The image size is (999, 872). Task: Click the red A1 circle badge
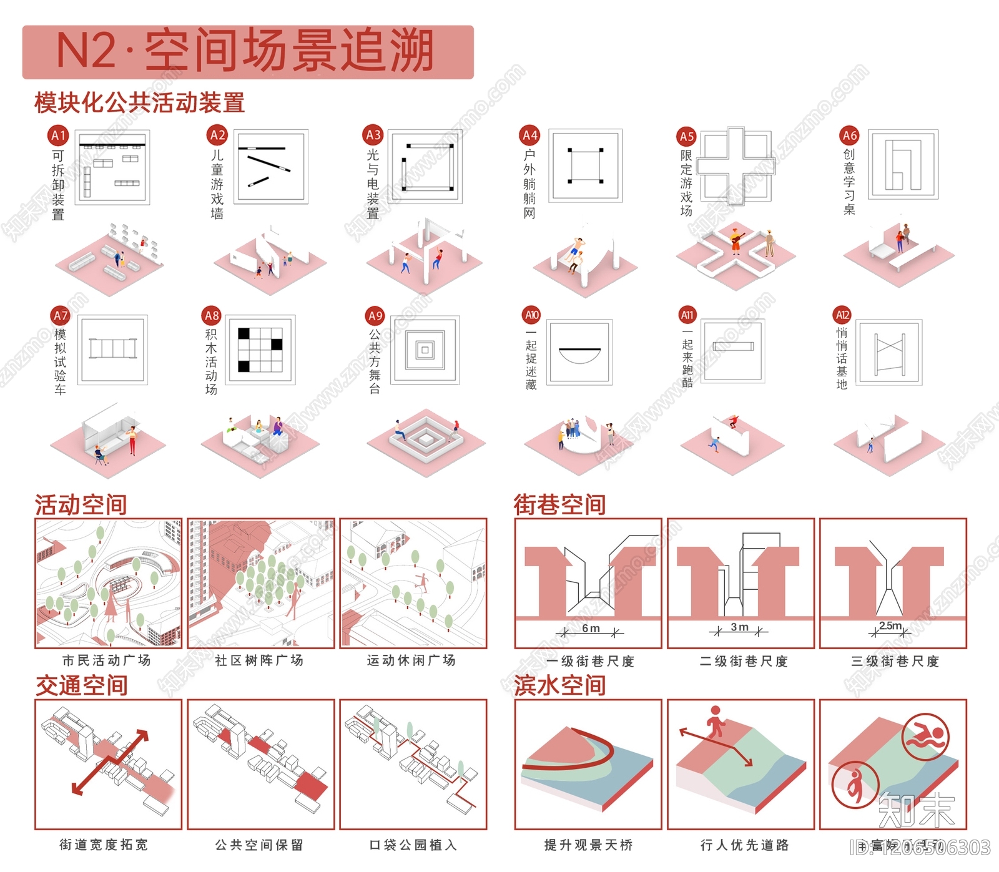pyautogui.click(x=58, y=135)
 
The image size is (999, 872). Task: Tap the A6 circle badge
pyautogui.click(x=849, y=135)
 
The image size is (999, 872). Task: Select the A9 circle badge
pyautogui.click(x=375, y=316)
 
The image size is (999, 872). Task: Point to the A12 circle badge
pyautogui.click(x=842, y=315)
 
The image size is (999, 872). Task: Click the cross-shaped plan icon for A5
pyautogui.click(x=736, y=166)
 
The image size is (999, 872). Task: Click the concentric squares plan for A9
pyautogui.click(x=425, y=350)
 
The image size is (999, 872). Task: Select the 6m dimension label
pyautogui.click(x=591, y=629)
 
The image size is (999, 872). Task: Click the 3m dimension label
pyautogui.click(x=739, y=627)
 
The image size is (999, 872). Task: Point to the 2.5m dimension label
pyautogui.click(x=890, y=626)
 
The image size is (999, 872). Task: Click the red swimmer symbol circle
pyautogui.click(x=925, y=737)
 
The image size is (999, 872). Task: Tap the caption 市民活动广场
pyautogui.click(x=107, y=660)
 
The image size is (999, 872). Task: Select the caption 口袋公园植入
pyautogui.click(x=413, y=845)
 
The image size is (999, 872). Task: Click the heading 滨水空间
pyautogui.click(x=560, y=685)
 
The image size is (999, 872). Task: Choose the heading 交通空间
pyautogui.click(x=81, y=685)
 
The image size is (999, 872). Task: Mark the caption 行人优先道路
pyautogui.click(x=745, y=845)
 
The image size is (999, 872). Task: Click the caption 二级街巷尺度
pyautogui.click(x=744, y=662)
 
